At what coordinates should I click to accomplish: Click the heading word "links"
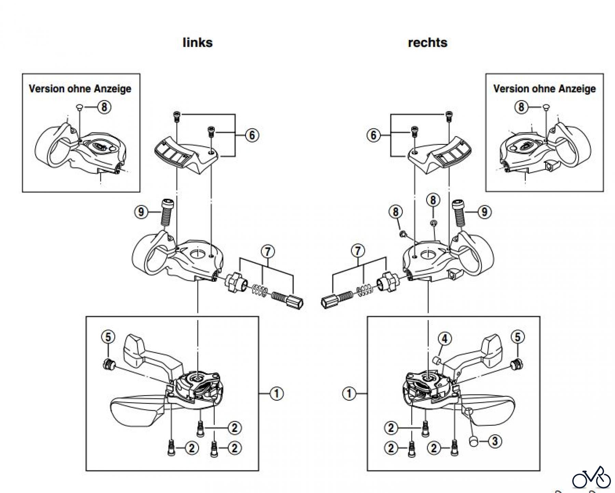[197, 43]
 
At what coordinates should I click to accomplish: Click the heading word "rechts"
[427, 43]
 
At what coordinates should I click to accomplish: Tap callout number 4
[445, 339]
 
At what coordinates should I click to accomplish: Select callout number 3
[495, 441]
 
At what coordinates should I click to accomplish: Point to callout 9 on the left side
[141, 212]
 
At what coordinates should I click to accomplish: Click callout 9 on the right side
[484, 212]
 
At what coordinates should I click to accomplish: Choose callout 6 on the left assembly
[252, 135]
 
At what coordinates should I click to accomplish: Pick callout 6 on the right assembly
[373, 135]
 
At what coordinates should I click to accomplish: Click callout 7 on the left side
[268, 252]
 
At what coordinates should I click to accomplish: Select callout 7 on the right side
[358, 251]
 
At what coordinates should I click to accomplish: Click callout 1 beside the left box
[276, 394]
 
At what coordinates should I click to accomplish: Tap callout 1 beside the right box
[349, 394]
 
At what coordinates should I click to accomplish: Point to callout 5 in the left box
[108, 337]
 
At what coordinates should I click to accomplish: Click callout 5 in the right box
[517, 337]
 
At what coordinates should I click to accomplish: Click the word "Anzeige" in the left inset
[112, 89]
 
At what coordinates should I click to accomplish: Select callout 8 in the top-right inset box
[521, 107]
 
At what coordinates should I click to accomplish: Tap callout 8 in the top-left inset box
[104, 107]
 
